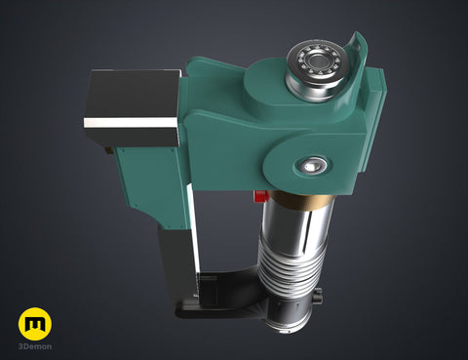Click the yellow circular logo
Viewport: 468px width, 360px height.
point(35,324)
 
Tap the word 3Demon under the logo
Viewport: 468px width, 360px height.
point(35,346)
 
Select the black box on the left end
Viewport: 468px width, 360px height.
point(132,108)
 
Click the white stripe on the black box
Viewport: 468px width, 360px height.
point(131,122)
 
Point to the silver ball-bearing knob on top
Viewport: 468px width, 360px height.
point(315,69)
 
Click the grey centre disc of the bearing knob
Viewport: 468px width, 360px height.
point(315,60)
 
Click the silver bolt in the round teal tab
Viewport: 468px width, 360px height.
point(313,166)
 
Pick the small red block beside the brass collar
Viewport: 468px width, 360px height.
point(261,196)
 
